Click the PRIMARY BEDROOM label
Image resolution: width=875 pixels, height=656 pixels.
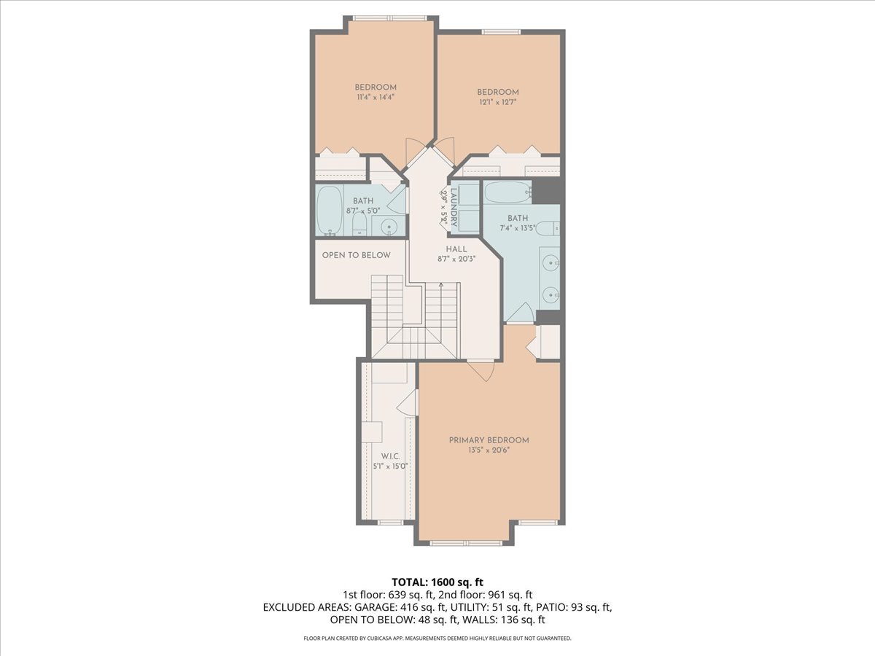489,440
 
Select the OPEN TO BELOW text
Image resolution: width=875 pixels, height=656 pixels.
357,255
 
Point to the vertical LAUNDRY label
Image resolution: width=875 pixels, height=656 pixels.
454,208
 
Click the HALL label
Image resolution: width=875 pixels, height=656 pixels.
456,249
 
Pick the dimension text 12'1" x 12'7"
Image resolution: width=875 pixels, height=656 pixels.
498,102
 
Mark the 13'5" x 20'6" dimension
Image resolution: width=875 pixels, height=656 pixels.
489,450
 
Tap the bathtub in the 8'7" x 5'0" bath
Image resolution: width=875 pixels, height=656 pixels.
330,211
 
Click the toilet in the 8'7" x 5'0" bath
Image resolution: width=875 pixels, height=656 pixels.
359,224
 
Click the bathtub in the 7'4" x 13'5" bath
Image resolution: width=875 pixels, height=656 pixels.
508,192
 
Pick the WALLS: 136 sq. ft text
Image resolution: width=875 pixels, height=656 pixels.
510,620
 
